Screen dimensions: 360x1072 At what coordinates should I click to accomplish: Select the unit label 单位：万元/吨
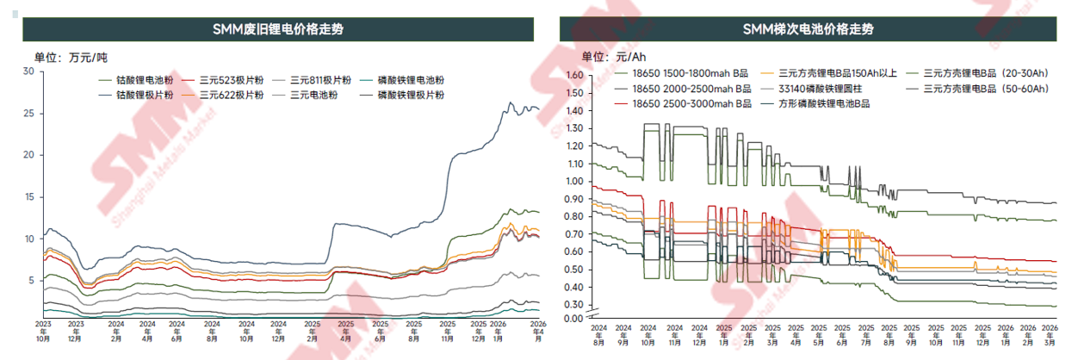pyautogui.click(x=71, y=58)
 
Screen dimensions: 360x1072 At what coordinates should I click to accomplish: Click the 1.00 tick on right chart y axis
pyautogui.click(x=573, y=181)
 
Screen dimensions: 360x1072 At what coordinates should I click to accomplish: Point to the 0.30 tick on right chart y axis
pyautogui.click(x=573, y=305)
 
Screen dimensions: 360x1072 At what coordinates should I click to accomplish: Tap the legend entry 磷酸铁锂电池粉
pyautogui.click(x=410, y=80)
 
